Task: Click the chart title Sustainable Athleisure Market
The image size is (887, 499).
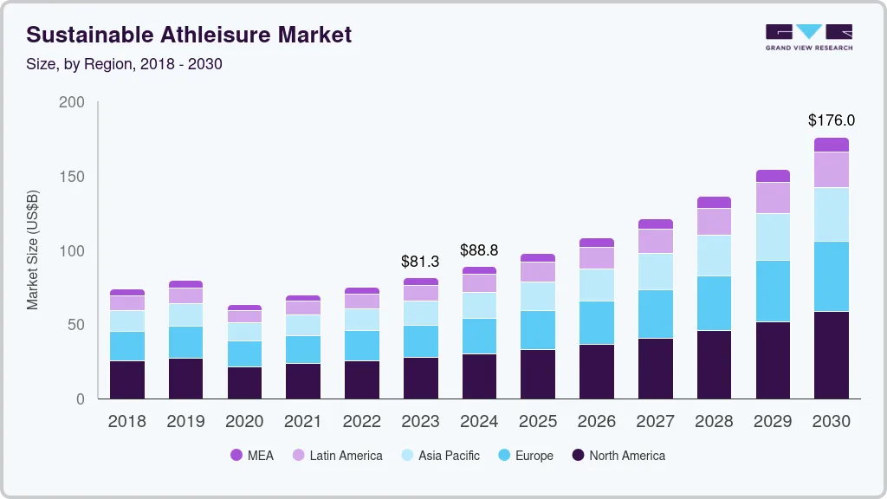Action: (189, 35)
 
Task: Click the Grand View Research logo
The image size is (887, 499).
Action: (808, 36)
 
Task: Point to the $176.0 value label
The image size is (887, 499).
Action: (831, 120)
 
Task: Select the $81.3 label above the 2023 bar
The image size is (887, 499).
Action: (420, 261)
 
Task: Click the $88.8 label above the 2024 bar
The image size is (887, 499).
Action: (479, 249)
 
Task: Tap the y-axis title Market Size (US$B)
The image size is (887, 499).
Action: (32, 249)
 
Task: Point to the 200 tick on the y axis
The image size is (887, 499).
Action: (72, 102)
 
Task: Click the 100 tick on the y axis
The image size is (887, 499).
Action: (72, 251)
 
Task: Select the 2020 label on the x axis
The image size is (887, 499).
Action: (244, 422)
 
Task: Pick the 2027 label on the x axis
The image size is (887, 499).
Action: (656, 422)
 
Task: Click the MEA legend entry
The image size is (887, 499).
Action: (251, 456)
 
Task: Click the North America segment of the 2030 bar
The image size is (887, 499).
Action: (832, 355)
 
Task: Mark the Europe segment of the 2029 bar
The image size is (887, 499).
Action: (773, 291)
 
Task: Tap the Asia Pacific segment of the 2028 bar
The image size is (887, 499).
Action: (714, 256)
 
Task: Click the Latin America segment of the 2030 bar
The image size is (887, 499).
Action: (832, 170)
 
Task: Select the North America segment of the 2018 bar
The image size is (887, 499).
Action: (127, 379)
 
